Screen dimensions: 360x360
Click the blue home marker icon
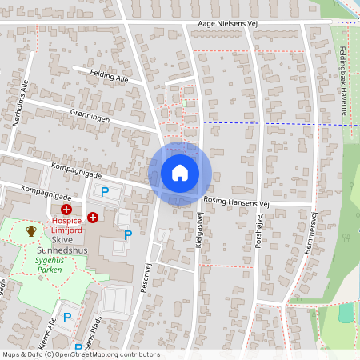pos(180,173)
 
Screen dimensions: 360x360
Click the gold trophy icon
pos(31,230)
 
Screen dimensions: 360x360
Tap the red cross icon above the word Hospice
pos(66,208)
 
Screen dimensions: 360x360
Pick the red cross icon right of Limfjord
pos(93,217)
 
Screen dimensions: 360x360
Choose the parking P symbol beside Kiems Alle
pos(67,318)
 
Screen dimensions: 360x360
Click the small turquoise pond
pos(345,313)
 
